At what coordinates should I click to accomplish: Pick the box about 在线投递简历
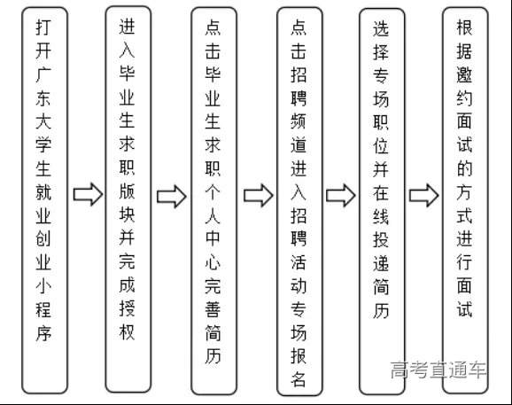[x=382, y=200]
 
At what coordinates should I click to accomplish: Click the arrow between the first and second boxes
[x=86, y=194]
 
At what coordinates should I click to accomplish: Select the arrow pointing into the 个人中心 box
[x=172, y=194]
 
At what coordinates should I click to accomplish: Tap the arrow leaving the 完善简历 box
[x=258, y=194]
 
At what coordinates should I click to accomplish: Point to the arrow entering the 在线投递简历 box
[x=341, y=194]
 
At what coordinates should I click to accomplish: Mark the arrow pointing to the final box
[x=423, y=194]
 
